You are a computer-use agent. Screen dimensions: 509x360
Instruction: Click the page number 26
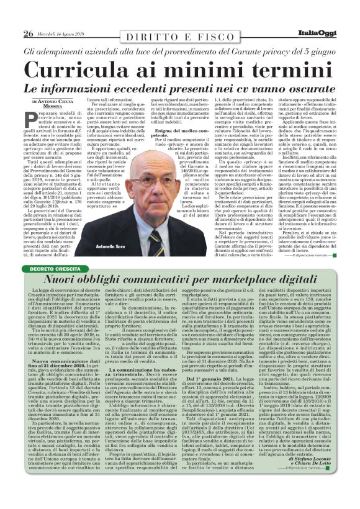pyautogui.click(x=28, y=32)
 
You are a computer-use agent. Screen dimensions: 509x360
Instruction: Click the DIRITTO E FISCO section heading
pyautogui.click(x=180, y=38)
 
